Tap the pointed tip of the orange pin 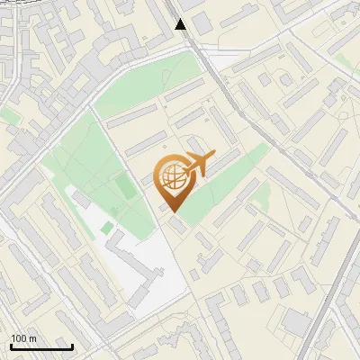point(174,211)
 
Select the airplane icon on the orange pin point(197,165)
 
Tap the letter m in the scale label point(33,338)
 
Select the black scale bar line point(41,346)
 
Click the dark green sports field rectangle point(124,187)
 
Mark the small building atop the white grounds point(82,199)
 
